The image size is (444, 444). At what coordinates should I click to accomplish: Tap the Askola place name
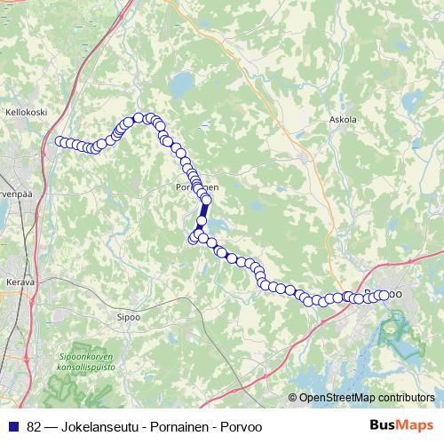342,118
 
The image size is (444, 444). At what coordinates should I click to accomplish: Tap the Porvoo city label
384,294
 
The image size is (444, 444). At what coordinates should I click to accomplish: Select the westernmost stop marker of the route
59,141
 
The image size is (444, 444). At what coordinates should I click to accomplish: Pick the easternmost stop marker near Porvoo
385,295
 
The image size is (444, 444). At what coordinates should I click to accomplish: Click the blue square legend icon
12,424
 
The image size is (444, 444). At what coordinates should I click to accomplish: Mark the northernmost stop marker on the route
139,118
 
